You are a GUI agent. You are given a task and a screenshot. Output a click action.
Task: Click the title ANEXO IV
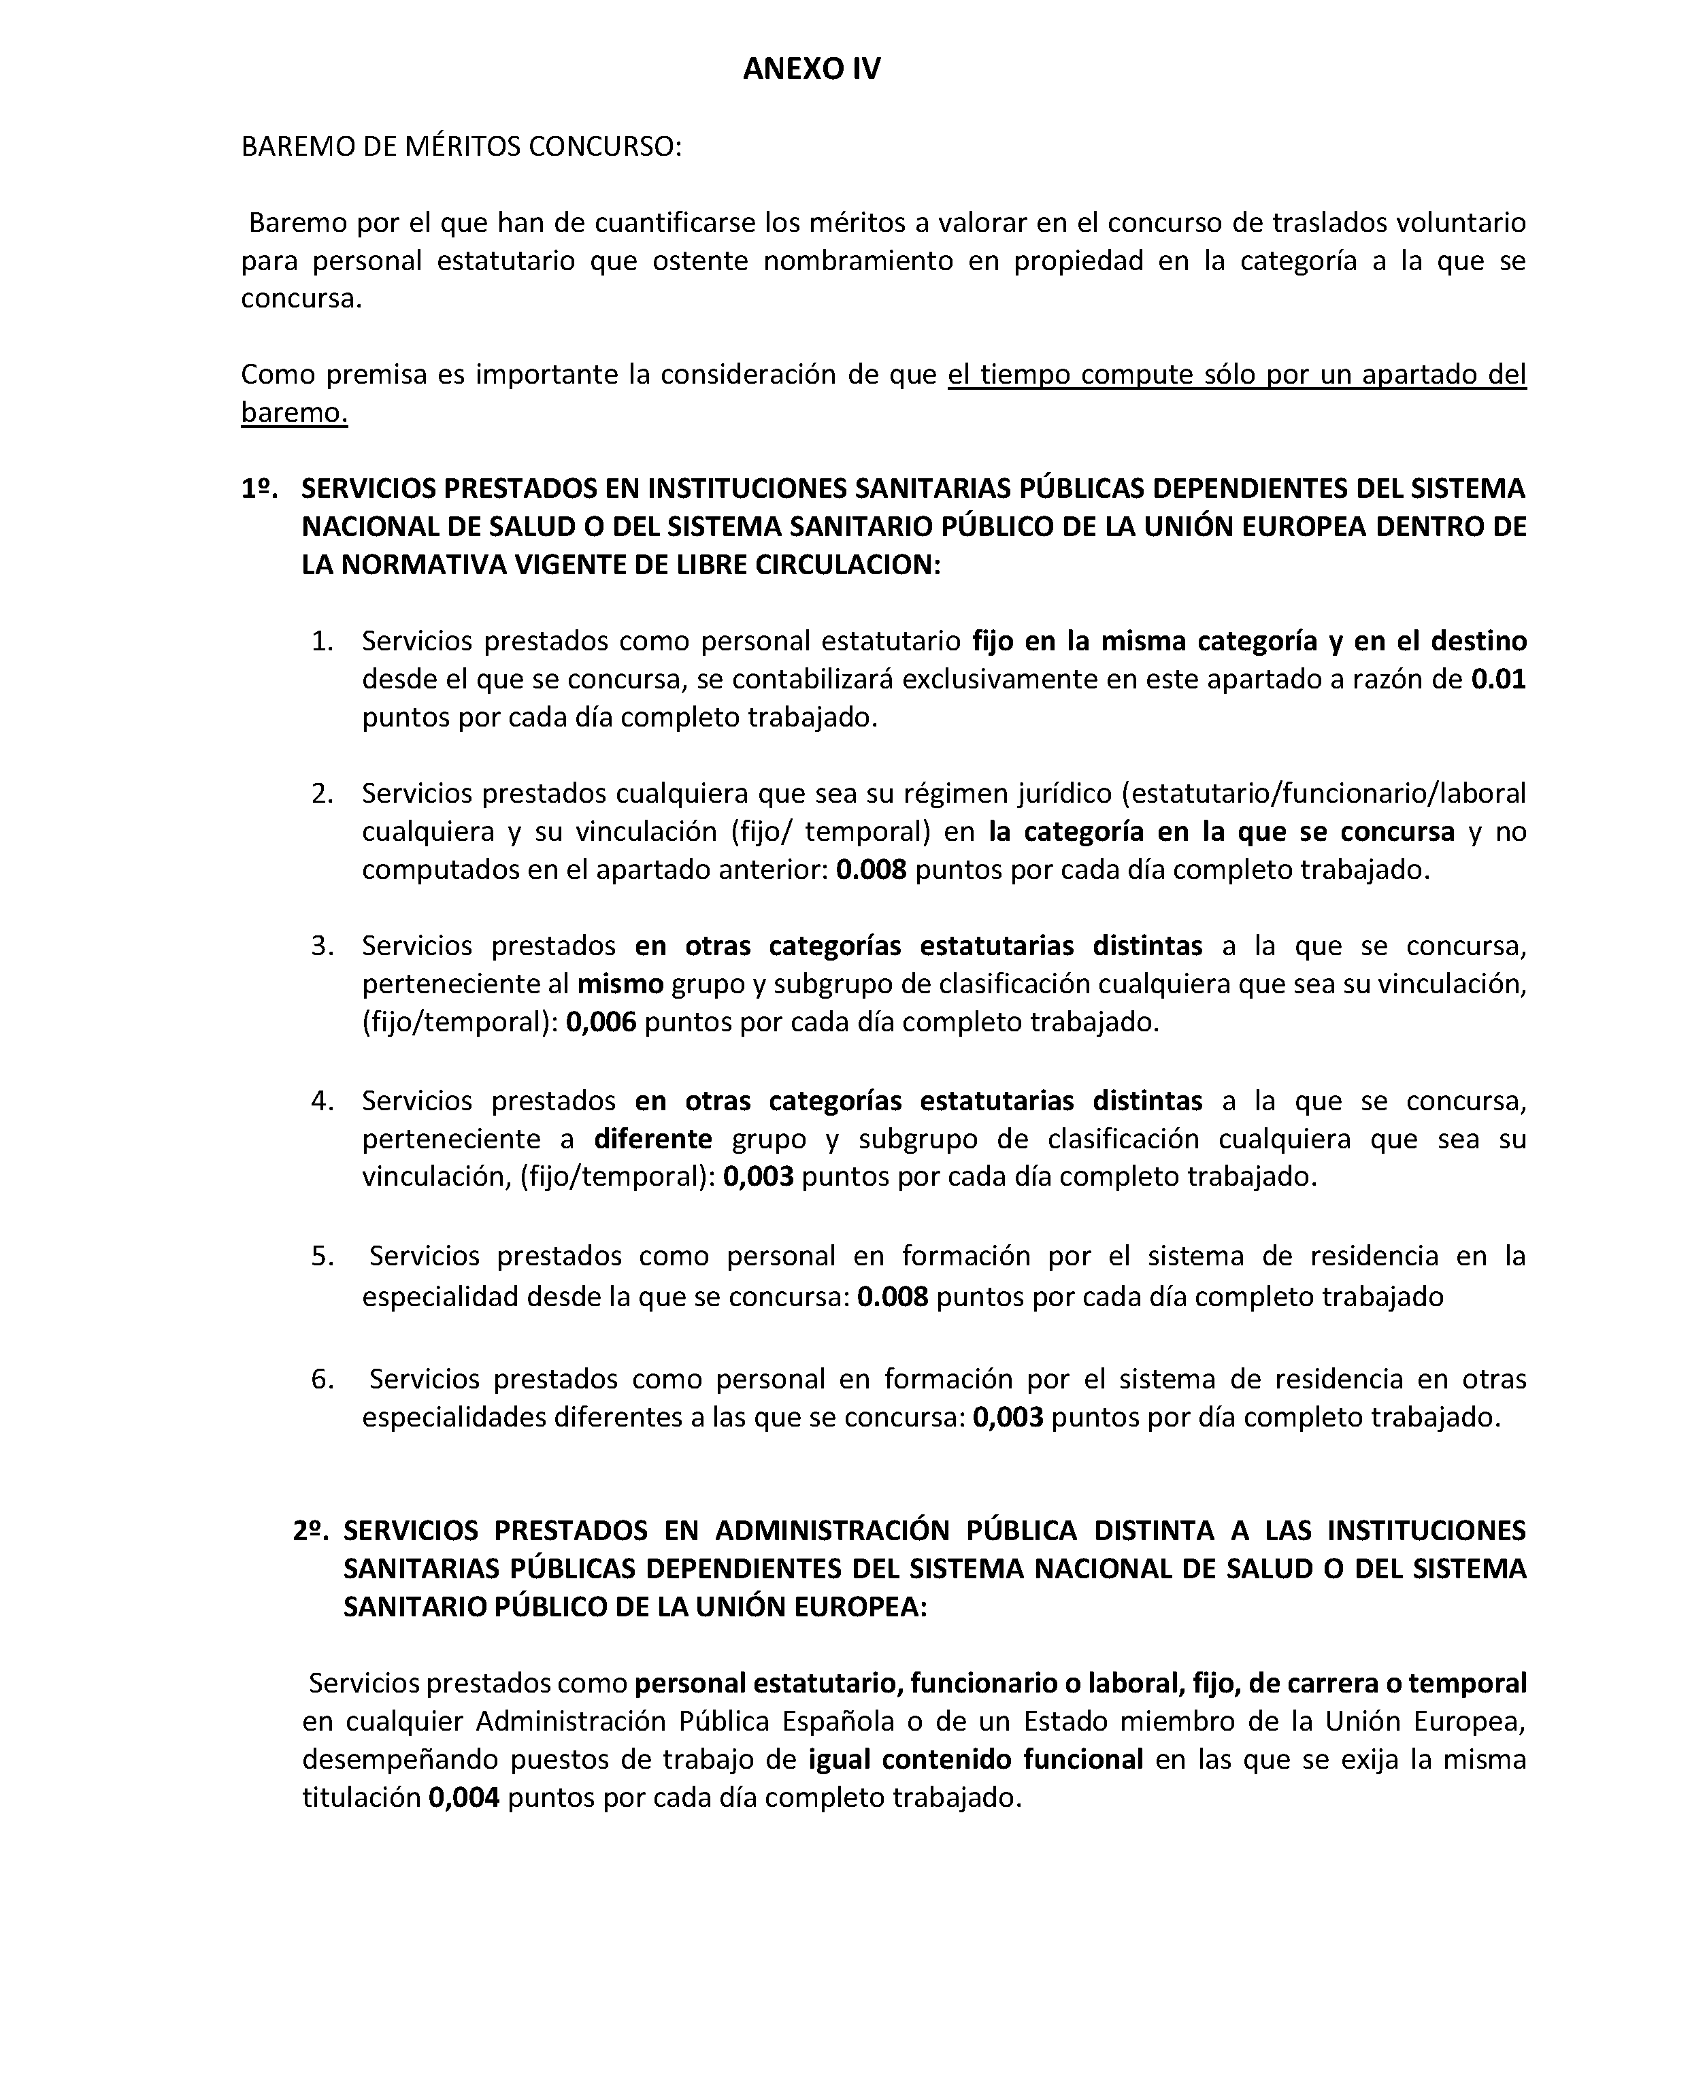point(811,69)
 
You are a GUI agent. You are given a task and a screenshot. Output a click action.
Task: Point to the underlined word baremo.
point(294,413)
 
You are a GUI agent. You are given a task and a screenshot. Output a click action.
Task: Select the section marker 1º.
point(259,488)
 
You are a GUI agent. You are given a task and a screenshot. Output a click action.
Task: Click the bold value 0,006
point(601,1022)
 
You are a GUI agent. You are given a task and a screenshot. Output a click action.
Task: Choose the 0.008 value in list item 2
point(872,869)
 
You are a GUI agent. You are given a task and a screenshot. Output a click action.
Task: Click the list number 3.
point(322,946)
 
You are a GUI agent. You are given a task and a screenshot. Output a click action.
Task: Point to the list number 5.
point(322,1256)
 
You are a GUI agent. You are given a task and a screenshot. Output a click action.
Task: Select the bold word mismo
point(620,984)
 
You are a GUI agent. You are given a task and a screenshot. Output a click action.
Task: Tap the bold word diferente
point(653,1139)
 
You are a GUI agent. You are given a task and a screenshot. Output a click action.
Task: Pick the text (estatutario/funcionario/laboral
point(1324,793)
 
